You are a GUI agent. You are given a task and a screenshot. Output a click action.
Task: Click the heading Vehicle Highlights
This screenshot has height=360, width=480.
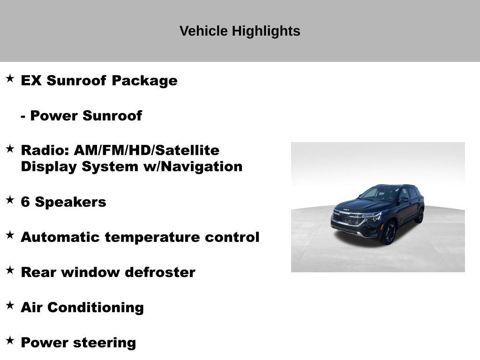tap(240, 31)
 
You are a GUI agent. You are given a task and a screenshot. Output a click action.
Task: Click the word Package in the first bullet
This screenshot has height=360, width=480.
tap(144, 81)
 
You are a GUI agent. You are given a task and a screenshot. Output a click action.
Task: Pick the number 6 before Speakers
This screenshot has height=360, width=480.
tap(26, 202)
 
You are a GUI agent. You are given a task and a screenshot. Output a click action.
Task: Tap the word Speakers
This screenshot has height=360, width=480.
tap(71, 202)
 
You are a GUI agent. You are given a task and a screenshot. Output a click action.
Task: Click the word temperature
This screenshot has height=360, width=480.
tap(153, 237)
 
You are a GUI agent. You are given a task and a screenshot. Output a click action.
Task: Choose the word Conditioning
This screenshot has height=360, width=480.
tap(96, 307)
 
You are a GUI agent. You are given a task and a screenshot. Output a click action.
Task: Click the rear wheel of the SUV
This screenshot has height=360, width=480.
tap(420, 215)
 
